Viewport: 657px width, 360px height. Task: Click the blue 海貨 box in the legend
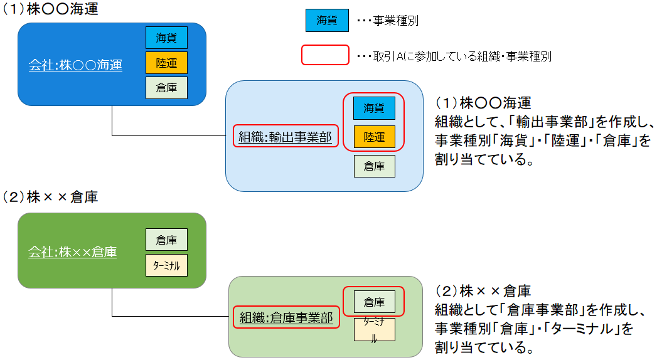click(327, 20)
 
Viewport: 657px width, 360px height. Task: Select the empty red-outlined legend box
click(325, 55)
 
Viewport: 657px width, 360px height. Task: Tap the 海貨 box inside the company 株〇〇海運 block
click(166, 38)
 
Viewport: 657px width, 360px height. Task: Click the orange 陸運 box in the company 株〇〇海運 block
click(166, 63)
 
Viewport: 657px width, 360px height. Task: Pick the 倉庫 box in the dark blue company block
click(166, 87)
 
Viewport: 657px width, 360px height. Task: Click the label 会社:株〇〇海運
click(75, 65)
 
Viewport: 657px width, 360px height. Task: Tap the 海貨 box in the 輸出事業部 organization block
click(374, 108)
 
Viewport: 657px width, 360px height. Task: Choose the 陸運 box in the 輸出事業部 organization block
click(374, 137)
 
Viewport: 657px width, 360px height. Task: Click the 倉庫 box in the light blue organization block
click(374, 166)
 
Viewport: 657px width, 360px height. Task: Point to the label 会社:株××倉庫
click(73, 252)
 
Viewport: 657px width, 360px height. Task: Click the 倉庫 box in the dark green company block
click(166, 240)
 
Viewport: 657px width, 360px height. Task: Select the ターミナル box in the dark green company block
click(166, 265)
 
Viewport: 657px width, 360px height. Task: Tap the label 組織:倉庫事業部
click(286, 318)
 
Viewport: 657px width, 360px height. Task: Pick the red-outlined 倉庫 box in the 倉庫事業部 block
click(374, 302)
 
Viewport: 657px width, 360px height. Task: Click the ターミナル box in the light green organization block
click(374, 329)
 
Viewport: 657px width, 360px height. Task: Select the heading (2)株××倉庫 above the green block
click(51, 197)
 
